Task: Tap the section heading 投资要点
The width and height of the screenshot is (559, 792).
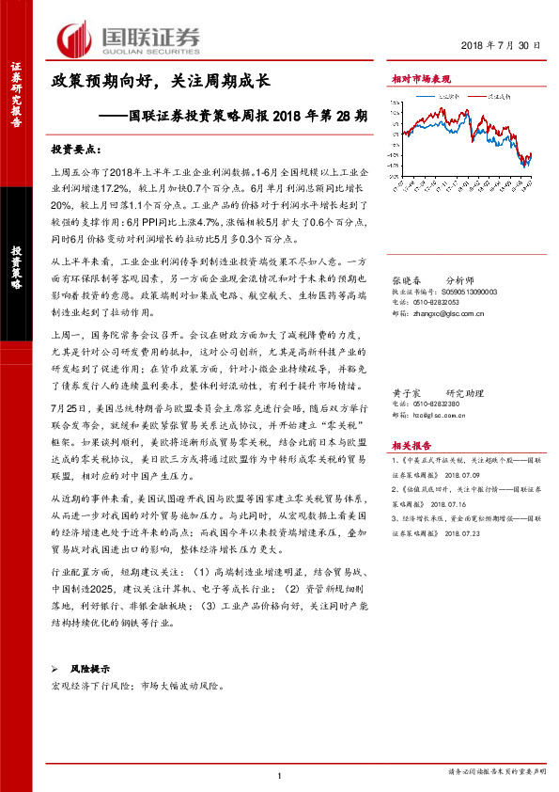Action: (x=73, y=149)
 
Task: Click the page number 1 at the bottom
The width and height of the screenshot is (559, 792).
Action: (x=279, y=776)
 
